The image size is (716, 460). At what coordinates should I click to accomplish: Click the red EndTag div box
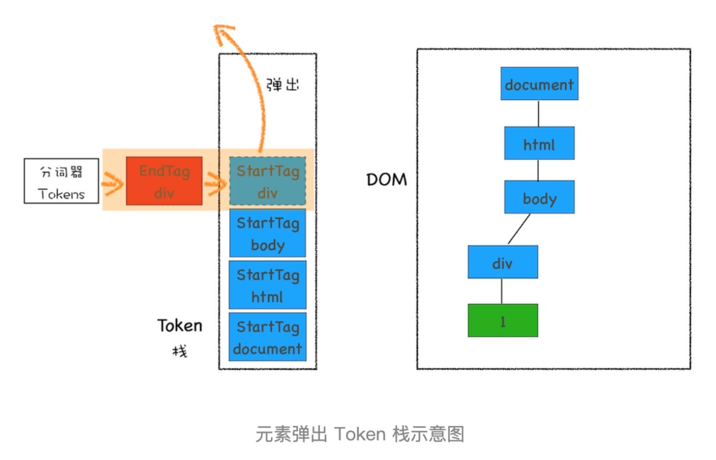tap(164, 181)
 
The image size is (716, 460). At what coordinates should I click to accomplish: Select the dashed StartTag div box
tap(268, 181)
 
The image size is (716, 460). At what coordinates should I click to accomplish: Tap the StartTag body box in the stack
tap(268, 233)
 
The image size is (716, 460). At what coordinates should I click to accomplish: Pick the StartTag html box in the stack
tap(268, 285)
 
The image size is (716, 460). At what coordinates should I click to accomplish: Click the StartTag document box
tap(268, 337)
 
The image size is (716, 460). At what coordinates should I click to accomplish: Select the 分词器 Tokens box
tap(62, 181)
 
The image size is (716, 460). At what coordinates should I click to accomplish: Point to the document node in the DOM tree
tap(539, 84)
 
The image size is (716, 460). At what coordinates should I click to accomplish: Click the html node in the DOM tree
tap(539, 143)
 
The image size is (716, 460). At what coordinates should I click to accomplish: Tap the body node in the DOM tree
tap(539, 197)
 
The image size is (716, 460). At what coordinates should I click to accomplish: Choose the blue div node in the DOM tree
tap(503, 262)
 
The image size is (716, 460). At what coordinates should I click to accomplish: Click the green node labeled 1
tap(503, 320)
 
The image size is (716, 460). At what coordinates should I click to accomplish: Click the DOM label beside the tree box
tap(387, 180)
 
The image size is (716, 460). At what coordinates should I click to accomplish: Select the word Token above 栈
tap(180, 326)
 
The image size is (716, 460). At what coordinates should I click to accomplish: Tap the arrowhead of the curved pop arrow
tap(224, 33)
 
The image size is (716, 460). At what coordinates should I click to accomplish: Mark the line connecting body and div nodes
tap(519, 229)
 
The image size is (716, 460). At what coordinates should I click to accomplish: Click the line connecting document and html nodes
tap(538, 113)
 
